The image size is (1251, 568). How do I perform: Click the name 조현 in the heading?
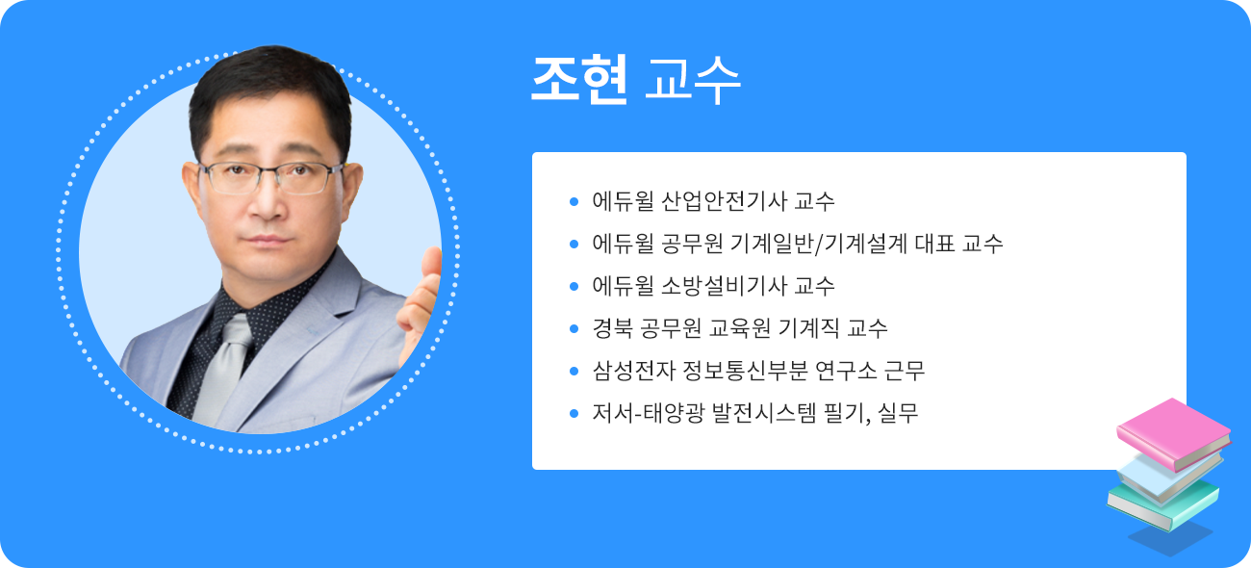click(579, 80)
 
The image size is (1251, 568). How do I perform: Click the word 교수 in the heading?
click(693, 81)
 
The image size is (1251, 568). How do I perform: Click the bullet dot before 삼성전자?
click(574, 371)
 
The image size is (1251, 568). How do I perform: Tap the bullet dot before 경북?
click(574, 328)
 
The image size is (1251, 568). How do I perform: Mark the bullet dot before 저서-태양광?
click(574, 413)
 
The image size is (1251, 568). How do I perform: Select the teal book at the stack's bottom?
click(1162, 504)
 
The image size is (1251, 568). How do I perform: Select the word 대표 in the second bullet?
click(931, 245)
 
